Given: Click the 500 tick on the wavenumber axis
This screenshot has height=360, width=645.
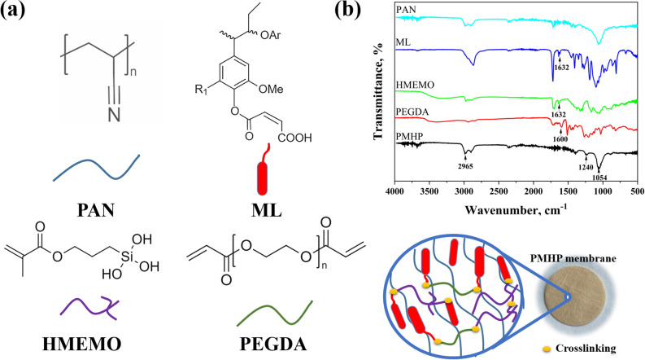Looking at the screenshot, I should pos(636,190).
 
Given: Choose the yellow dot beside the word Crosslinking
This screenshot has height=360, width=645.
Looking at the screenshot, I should pos(559,349).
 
